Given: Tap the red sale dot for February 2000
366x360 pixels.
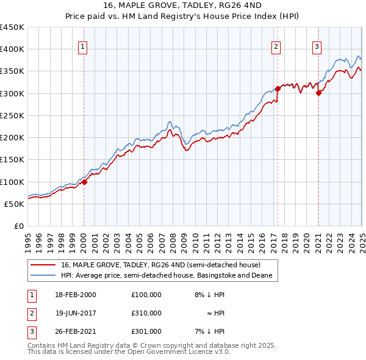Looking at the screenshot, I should point(85,181).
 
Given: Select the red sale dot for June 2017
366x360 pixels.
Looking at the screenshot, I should point(278,88).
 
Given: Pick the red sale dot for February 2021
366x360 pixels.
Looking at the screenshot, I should point(318,93).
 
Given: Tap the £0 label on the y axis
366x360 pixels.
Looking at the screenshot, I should point(18,226).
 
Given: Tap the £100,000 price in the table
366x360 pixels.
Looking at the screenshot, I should point(146,295).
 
